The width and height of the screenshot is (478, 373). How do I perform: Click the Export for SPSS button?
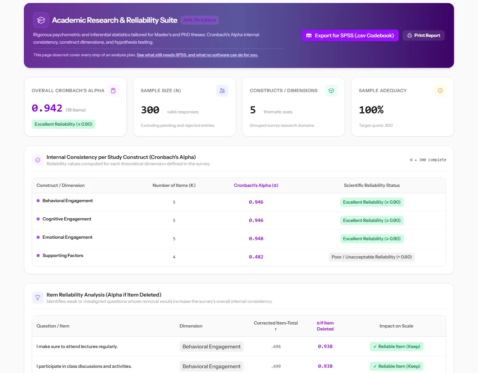coord(350,35)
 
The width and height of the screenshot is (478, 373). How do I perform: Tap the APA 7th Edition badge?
coord(199,20)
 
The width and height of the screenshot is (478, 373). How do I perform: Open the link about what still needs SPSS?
coord(197,55)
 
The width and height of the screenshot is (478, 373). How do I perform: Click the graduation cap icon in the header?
coord(41,20)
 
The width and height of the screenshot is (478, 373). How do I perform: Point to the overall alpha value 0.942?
coord(47,108)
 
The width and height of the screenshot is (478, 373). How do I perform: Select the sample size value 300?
coord(150,110)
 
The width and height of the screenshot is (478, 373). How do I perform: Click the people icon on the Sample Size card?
coord(222,91)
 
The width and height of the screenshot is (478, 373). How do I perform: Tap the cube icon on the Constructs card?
coord(331,91)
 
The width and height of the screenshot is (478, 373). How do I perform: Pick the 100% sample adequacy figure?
coord(371,110)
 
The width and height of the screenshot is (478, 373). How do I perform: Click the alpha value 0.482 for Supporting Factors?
coord(256,257)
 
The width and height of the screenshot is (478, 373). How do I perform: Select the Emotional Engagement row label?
coord(67,237)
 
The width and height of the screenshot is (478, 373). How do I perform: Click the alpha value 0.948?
coord(256,239)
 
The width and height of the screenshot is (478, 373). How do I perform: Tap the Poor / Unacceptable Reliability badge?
coord(372,257)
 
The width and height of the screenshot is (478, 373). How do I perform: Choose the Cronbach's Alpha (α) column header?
coord(256,185)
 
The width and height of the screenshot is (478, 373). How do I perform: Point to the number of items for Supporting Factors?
coord(174,257)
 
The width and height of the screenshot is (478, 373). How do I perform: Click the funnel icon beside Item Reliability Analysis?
coord(38,298)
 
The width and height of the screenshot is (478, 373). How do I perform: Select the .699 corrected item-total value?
coord(276,366)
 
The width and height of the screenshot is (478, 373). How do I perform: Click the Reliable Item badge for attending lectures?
coord(396,347)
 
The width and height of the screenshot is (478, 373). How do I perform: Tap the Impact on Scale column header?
coord(396,326)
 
